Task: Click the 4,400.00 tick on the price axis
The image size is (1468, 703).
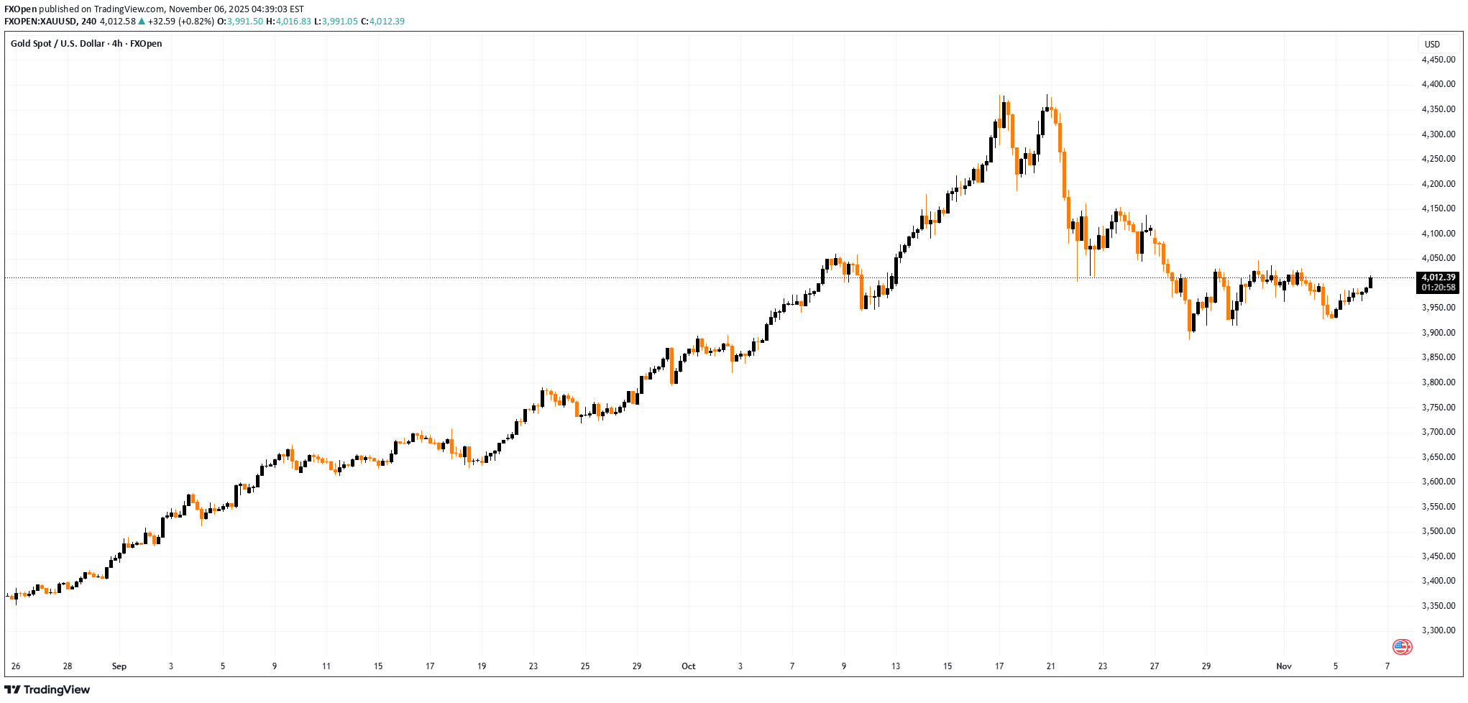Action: (x=1438, y=84)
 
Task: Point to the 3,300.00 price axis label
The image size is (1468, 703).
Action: (x=1438, y=630)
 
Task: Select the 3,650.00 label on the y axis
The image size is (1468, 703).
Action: (x=1438, y=456)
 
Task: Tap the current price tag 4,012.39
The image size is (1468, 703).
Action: (x=1439, y=277)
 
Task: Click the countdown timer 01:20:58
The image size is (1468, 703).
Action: (x=1439, y=288)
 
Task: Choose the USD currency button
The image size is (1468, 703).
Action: (x=1432, y=44)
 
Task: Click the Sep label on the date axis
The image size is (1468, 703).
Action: (x=119, y=666)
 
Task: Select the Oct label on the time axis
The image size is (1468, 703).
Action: (x=688, y=666)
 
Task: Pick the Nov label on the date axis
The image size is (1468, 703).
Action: (x=1283, y=666)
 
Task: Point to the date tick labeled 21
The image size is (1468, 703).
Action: (x=1050, y=666)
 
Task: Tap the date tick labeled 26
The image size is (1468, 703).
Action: (x=16, y=666)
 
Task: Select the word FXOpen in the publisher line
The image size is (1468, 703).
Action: (x=20, y=9)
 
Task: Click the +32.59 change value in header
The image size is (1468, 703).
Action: (x=162, y=22)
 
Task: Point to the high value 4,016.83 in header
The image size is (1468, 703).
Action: (x=293, y=22)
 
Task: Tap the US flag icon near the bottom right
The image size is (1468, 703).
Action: (x=1402, y=647)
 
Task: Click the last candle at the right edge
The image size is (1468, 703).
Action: (x=1371, y=282)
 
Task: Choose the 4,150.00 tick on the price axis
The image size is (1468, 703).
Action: (x=1438, y=208)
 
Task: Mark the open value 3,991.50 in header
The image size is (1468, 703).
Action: (x=245, y=22)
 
